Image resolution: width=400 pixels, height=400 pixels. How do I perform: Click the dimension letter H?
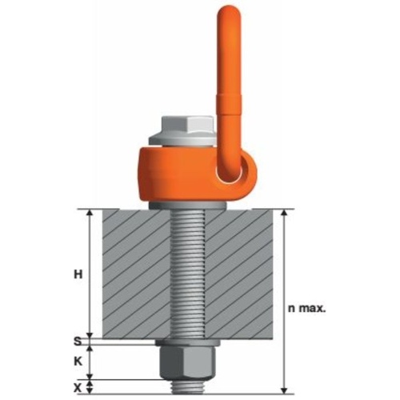[78, 274]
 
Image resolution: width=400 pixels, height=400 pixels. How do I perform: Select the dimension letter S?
[78, 342]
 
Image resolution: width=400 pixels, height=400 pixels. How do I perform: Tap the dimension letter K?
[78, 362]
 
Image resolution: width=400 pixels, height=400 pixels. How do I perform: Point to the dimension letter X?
[78, 388]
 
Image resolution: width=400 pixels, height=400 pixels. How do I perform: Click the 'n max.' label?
[307, 309]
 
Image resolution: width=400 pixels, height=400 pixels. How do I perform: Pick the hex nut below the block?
[187, 362]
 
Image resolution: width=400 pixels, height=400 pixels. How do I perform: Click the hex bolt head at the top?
[187, 126]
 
